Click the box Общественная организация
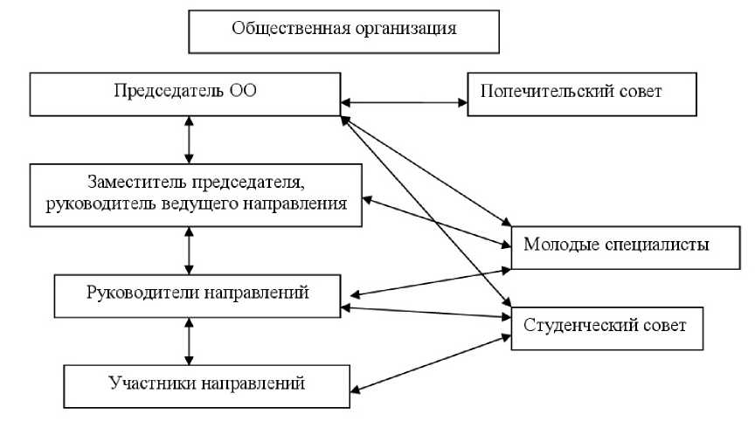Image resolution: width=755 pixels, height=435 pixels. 344,31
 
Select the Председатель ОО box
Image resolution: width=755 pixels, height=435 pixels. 184,93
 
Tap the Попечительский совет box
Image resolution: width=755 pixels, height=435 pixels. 582,93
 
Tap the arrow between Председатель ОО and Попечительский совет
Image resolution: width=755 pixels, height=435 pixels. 404,103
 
